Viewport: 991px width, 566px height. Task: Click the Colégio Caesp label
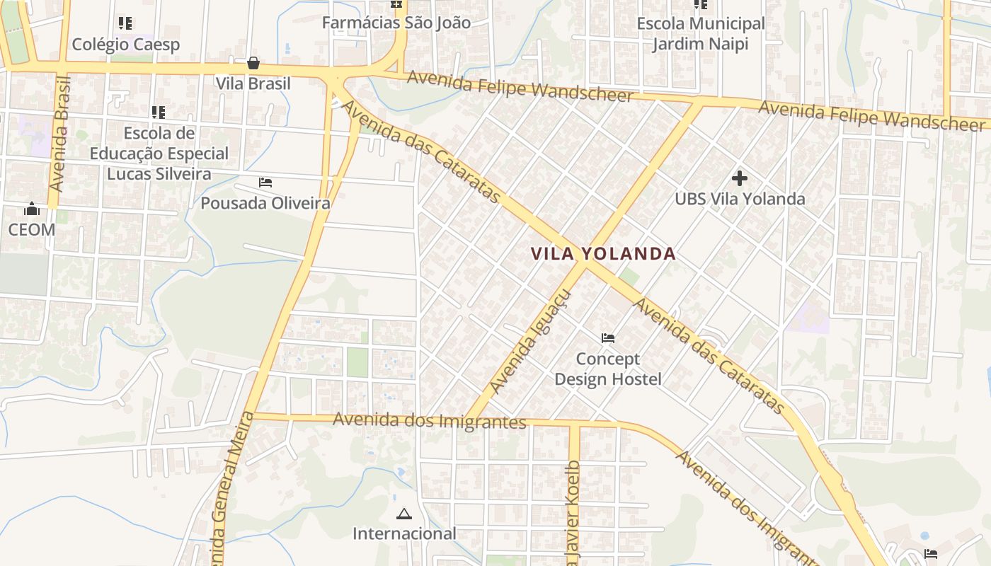tap(126, 45)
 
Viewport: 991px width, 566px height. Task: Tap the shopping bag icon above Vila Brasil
tap(253, 64)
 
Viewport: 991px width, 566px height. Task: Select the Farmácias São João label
tap(396, 23)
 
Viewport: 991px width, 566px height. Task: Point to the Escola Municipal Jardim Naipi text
tap(700, 34)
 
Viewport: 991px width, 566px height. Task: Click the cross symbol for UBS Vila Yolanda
tap(740, 178)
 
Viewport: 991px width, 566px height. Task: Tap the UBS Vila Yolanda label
tap(740, 199)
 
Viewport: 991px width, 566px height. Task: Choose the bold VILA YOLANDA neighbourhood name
tap(603, 254)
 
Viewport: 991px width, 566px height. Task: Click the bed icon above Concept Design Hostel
tap(607, 338)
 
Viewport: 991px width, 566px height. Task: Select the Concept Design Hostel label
tap(607, 369)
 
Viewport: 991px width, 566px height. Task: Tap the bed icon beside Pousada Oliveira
tap(265, 183)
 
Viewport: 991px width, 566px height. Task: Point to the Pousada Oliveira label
tap(265, 204)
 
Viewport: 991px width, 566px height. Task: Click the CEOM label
tap(32, 230)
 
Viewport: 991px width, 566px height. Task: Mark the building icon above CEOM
tap(32, 209)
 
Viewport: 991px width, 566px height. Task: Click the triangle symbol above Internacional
tap(404, 514)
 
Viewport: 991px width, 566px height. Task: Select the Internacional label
tap(404, 534)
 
